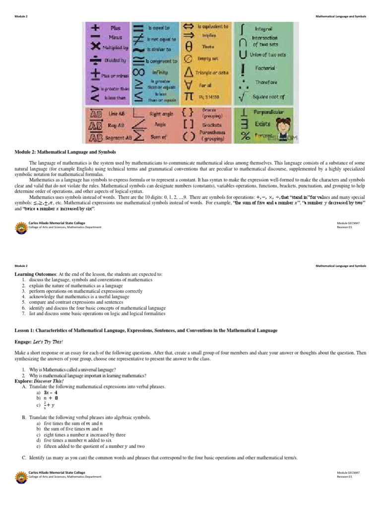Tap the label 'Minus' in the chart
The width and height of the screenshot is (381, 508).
coord(116,37)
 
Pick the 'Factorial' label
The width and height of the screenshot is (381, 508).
coord(265,67)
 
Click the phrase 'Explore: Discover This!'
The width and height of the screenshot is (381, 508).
coord(43,381)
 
